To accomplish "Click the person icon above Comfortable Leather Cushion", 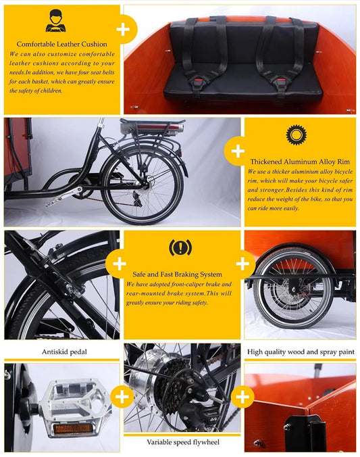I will pos(55,22).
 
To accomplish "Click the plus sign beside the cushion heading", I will pos(123,30).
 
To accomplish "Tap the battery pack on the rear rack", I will pos(151,126).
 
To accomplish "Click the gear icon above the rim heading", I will pos(295,135).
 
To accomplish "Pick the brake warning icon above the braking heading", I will pos(180,247).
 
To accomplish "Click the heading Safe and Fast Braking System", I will pos(178,274).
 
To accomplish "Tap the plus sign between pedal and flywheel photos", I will pos(122,397).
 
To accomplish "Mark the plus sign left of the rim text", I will pos(238,151).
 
